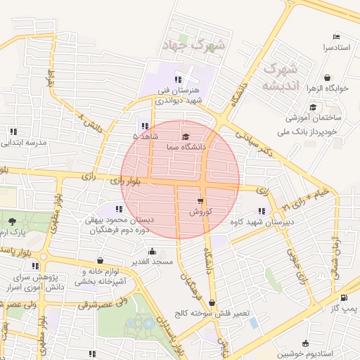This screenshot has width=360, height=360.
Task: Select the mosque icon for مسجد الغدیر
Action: pos(153,251)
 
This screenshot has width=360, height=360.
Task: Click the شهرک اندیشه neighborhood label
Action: pos(279,77)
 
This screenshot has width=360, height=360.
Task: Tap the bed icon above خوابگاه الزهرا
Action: pos(327,77)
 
